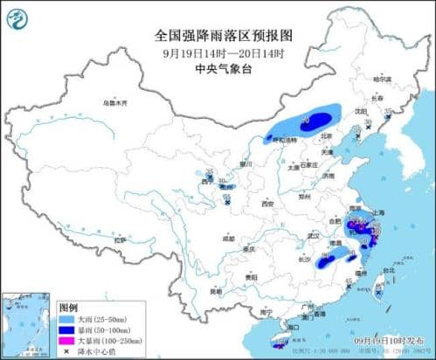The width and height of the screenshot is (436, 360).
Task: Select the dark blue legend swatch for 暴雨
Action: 66,330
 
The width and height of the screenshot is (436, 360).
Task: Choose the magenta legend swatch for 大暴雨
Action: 66,341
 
